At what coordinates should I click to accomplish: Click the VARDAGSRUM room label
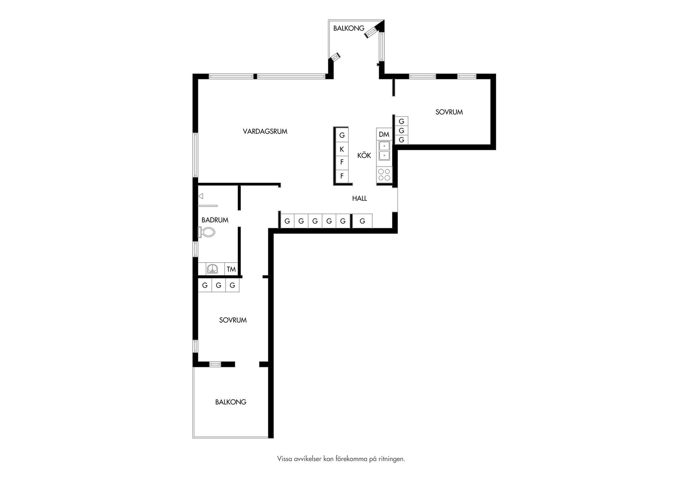265,132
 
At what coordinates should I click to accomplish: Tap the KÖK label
364,155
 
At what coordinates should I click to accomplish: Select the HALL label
359,198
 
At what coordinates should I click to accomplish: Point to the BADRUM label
215,220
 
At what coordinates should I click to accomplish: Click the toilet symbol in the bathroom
207,232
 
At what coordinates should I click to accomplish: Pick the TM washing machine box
231,269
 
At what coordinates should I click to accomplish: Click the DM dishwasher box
384,134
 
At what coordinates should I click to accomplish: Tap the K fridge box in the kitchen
342,149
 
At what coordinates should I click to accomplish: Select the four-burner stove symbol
384,175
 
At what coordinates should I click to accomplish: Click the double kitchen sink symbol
384,151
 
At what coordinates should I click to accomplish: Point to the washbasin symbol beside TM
212,269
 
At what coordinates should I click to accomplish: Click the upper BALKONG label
349,28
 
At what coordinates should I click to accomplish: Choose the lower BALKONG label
231,402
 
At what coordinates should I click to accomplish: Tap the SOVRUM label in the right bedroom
449,112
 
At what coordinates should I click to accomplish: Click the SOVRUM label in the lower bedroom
233,320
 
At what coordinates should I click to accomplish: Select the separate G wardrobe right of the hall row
362,221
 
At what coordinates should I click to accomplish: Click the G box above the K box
342,135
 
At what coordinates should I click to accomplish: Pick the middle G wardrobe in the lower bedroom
218,285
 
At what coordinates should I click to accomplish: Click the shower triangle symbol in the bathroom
201,196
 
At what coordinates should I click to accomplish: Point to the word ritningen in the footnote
391,459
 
